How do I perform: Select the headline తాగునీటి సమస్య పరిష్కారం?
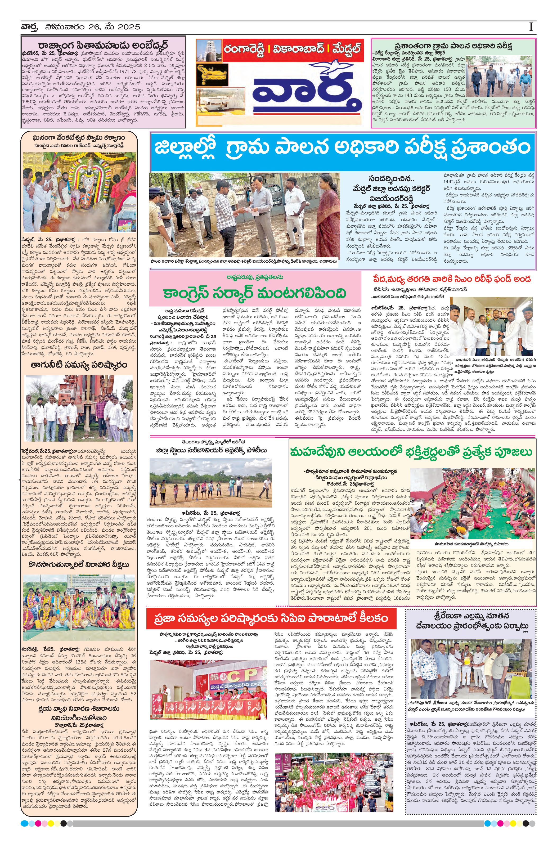(79, 365)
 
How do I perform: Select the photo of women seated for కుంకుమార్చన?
(473, 503)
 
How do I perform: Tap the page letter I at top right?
(531, 27)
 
